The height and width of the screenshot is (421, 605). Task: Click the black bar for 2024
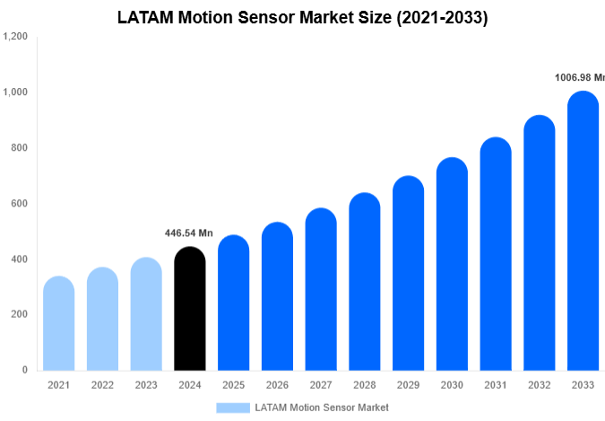(189, 310)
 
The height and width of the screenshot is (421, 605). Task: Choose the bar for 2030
(453, 265)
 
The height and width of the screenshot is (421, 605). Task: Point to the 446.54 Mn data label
(188, 233)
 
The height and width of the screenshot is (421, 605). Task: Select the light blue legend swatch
(232, 408)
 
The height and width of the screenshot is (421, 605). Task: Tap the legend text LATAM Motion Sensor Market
(322, 408)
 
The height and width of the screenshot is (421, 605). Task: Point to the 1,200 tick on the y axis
(15, 37)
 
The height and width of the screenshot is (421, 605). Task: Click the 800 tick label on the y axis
(19, 148)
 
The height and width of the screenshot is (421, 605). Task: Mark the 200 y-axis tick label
(19, 315)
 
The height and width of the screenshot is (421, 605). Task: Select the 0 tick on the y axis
(24, 370)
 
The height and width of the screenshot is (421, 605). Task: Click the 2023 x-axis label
(145, 385)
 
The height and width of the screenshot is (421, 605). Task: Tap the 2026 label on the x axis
(277, 385)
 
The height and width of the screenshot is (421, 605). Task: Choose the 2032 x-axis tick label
(540, 385)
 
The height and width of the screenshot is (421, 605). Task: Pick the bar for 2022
(102, 320)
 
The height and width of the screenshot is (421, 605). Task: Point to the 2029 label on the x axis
(409, 385)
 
